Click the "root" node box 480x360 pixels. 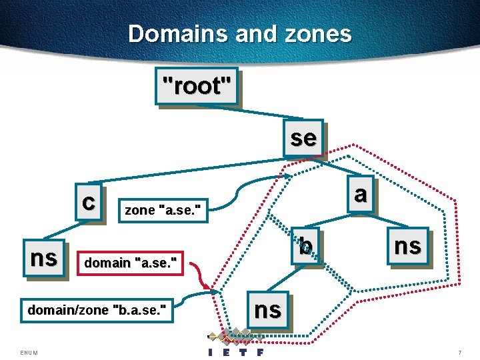click(x=197, y=86)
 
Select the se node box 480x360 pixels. click(x=303, y=138)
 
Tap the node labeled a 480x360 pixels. click(x=360, y=194)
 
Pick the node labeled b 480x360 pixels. click(x=305, y=247)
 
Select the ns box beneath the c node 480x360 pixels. click(x=44, y=257)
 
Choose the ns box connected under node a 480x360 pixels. click(x=407, y=246)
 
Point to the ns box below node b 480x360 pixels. click(x=268, y=309)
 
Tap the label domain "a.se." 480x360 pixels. click(x=131, y=264)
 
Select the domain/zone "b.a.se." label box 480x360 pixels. click(x=97, y=309)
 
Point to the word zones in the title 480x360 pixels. click(x=317, y=33)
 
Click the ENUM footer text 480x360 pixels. click(x=29, y=352)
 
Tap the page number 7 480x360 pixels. click(x=459, y=352)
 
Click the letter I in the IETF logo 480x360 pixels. click(x=211, y=352)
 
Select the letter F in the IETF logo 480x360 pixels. click(x=260, y=352)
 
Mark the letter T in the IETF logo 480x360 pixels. click(x=244, y=352)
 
